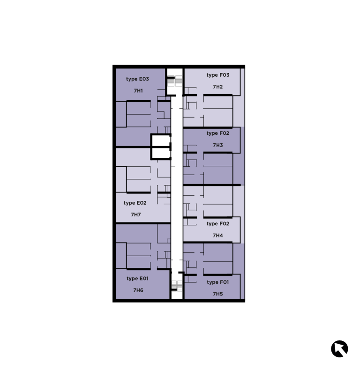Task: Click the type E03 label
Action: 137,79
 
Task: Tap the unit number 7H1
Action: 138,91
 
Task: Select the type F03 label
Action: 217,75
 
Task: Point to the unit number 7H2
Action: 217,87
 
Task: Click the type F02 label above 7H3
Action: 217,133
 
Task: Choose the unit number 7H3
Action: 217,145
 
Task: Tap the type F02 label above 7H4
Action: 217,224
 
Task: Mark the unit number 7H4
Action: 217,236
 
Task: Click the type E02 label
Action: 135,203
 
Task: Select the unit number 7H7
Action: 136,215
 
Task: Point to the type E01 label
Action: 138,279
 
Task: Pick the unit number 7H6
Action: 138,290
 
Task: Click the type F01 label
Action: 217,282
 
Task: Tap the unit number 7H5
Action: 217,294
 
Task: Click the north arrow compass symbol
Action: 339,349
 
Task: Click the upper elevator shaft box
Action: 160,140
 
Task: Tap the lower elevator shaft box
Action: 160,153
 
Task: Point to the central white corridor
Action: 176,187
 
